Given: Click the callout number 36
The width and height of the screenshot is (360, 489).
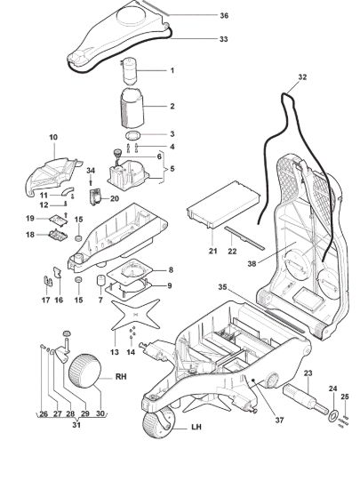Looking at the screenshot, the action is pyautogui.click(x=224, y=15).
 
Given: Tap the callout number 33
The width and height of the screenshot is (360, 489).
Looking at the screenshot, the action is pyautogui.click(x=224, y=39).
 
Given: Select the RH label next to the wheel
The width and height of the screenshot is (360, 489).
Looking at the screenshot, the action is pyautogui.click(x=121, y=377).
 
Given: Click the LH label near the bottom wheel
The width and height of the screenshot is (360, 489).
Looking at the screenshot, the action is pyautogui.click(x=196, y=427).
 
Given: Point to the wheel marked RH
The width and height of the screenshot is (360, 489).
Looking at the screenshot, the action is pyautogui.click(x=85, y=371).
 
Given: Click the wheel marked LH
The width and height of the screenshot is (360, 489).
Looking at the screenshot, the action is pyautogui.click(x=157, y=422).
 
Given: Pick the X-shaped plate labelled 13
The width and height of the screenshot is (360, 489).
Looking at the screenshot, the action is pyautogui.click(x=136, y=315).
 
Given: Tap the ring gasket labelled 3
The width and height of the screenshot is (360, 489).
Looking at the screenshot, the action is pyautogui.click(x=133, y=135).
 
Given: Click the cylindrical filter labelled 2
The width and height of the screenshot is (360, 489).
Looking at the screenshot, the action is pyautogui.click(x=132, y=108).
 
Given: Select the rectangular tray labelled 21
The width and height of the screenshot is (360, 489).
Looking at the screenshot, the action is pyautogui.click(x=223, y=204).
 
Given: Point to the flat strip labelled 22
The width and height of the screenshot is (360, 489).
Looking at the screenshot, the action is pyautogui.click(x=244, y=237).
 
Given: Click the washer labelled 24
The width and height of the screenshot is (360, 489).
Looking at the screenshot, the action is pyautogui.click(x=333, y=416).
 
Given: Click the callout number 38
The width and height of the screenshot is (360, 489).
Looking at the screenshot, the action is pyautogui.click(x=252, y=263).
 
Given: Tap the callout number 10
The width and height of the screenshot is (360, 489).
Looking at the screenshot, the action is pyautogui.click(x=53, y=137).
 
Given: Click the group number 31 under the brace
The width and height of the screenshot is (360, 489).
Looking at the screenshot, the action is pyautogui.click(x=76, y=425).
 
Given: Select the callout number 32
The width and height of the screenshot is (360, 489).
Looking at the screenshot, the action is pyautogui.click(x=302, y=77).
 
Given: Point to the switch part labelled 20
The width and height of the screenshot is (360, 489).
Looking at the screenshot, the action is pyautogui.click(x=96, y=197).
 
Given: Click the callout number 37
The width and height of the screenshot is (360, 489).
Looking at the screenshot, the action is pyautogui.click(x=280, y=420).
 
